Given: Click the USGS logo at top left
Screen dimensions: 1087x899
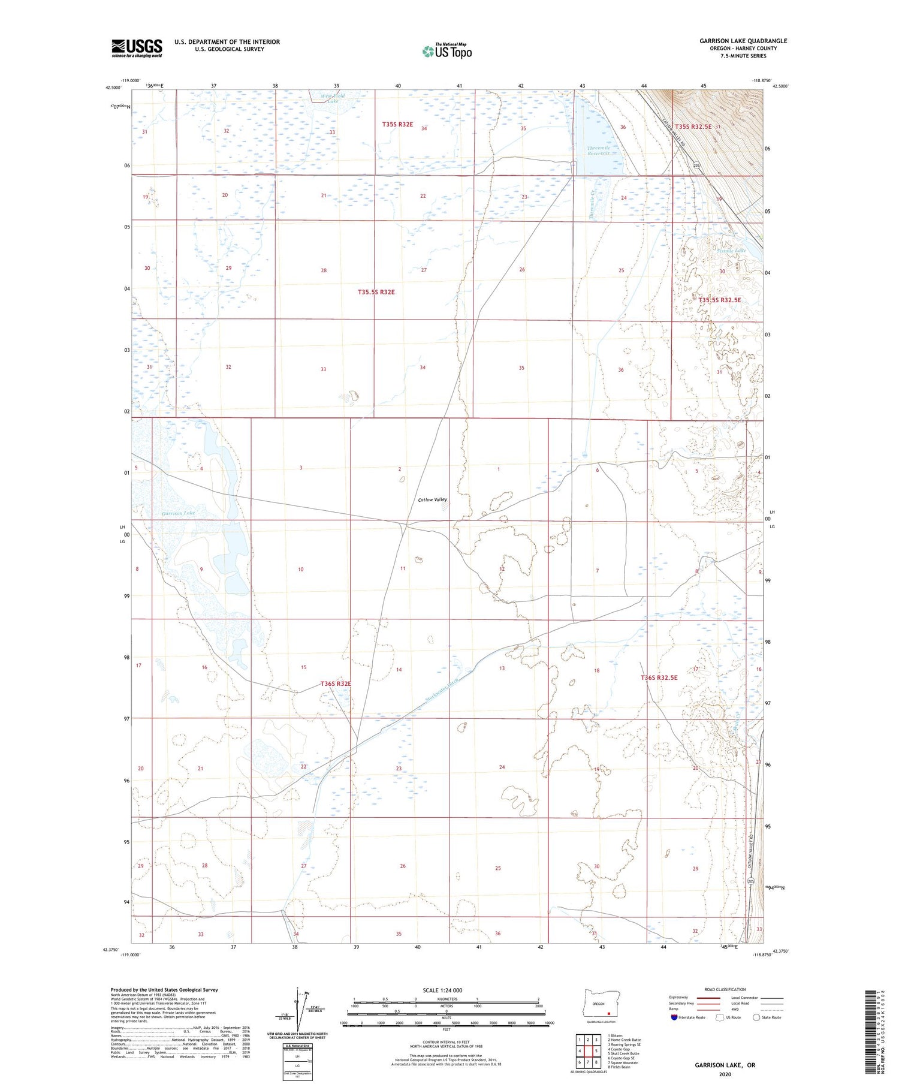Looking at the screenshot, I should point(137,48).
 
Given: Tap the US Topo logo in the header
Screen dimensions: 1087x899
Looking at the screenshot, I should point(447,51).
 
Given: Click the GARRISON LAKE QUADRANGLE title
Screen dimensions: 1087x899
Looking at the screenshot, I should point(743,41).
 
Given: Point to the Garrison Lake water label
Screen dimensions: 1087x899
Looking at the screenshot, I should point(178,513).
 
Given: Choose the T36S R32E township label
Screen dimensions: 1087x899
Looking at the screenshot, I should point(336,683).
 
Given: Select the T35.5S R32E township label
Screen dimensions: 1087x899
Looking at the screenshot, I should point(376,292).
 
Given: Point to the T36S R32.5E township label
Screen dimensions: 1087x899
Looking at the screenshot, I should point(659,678).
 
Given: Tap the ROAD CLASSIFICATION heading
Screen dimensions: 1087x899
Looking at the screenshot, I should point(725,989).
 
